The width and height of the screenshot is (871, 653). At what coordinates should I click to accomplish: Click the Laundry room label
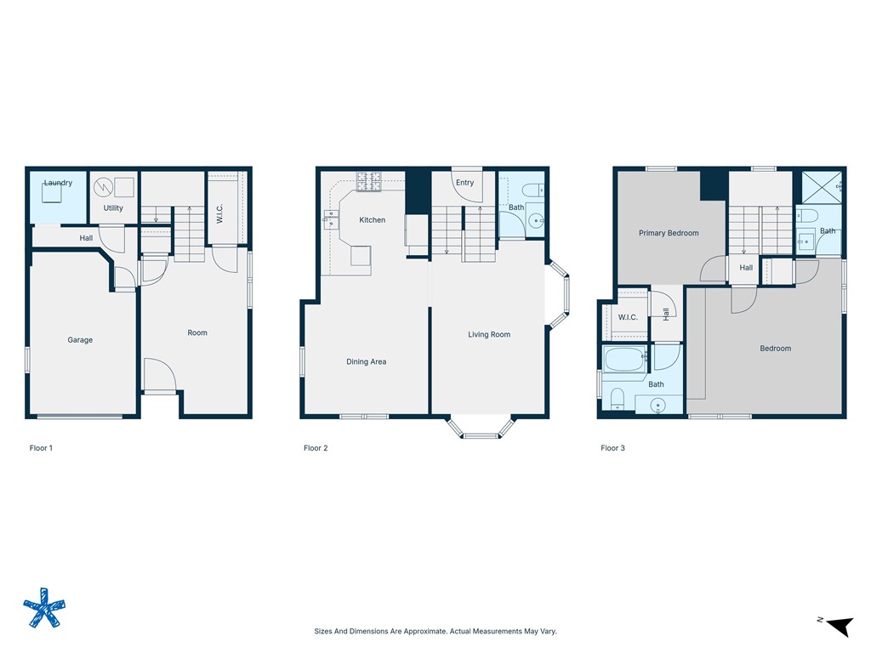point(58,183)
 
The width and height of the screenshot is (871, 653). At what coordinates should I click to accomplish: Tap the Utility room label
point(113,208)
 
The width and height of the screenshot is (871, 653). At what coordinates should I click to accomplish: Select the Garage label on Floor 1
point(80,340)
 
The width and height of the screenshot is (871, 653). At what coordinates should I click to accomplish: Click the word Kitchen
point(372,220)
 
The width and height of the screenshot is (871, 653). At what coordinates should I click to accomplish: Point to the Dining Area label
point(366,362)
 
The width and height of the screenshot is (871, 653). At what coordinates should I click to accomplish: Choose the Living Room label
point(489,335)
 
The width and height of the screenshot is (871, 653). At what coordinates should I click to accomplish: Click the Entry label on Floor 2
point(464,183)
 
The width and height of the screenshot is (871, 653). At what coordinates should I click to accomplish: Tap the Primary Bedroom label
point(669,233)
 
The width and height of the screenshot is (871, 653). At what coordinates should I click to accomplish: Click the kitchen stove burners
point(368,180)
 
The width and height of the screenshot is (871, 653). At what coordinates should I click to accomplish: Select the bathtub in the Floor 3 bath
point(623,359)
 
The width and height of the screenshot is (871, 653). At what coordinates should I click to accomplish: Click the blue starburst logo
point(43,608)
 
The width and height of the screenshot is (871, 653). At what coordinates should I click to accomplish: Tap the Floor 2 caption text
point(316,448)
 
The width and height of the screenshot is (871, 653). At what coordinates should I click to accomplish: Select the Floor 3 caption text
point(612,448)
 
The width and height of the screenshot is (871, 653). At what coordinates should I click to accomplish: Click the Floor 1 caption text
point(41,448)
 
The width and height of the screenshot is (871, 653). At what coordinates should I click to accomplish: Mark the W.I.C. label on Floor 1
point(219,214)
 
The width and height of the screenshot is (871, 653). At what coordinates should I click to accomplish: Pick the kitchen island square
point(361,255)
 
